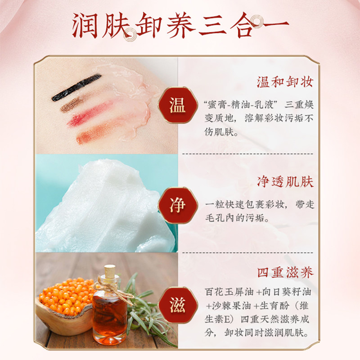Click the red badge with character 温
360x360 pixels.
tap(177, 105)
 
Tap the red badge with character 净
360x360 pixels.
tap(177, 205)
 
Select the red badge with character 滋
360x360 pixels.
tap(177, 305)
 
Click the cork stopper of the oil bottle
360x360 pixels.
tap(110, 272)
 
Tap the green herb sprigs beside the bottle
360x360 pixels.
tap(144, 306)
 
